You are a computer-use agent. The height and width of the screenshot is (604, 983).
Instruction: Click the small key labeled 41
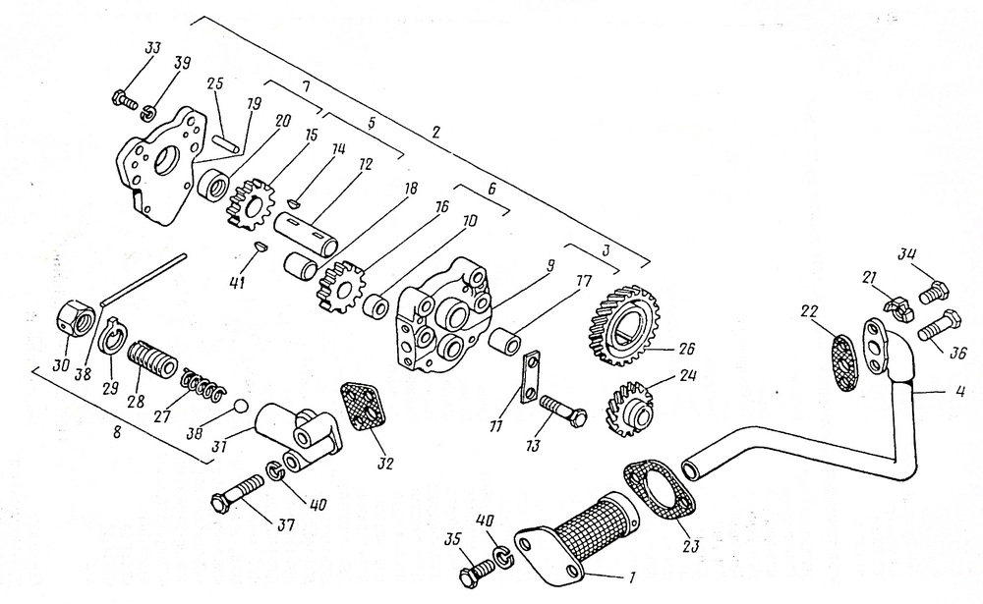pos(260,246)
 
